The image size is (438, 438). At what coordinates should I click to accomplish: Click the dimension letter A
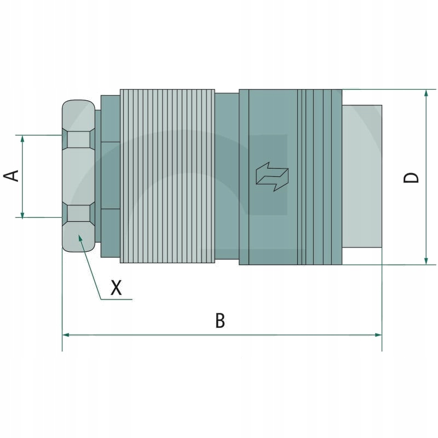tap(12, 176)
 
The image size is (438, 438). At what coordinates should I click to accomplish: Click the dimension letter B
tap(220, 321)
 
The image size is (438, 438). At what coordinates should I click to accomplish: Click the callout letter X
tap(116, 287)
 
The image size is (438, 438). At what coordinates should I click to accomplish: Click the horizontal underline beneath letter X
tap(117, 299)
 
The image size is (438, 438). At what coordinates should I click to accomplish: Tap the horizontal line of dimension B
tap(164, 334)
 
